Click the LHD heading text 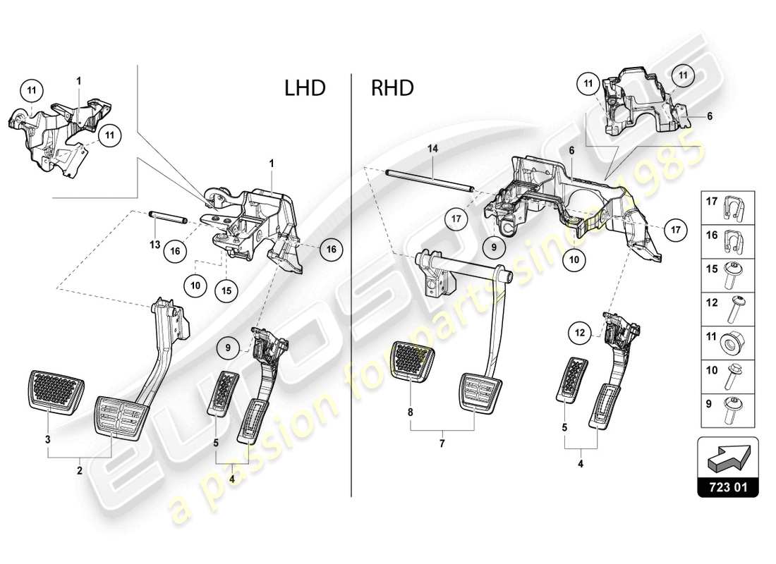point(305,88)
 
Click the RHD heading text point(393,88)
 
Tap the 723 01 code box point(728,486)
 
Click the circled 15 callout point(226,290)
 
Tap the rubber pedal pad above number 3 point(54,387)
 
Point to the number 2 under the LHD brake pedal point(79,470)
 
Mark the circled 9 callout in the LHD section point(229,347)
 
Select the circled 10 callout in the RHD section point(574,260)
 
